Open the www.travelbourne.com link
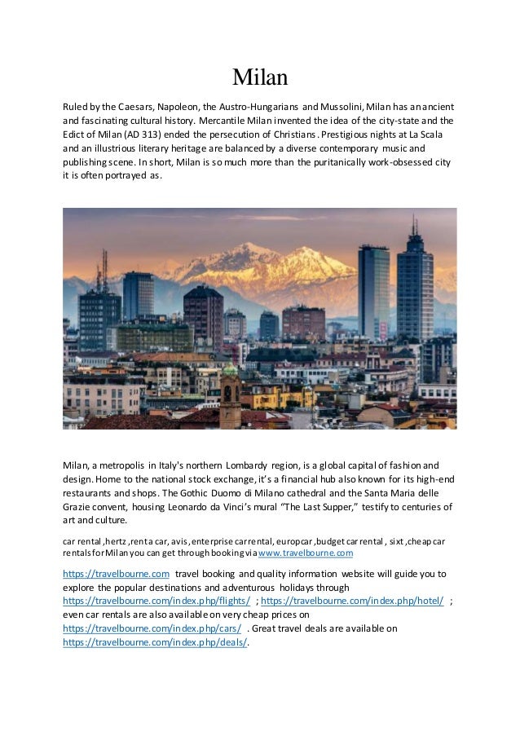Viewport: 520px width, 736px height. [306, 553]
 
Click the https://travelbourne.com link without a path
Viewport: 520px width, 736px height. [116, 573]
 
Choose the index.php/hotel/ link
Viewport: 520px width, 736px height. [352, 601]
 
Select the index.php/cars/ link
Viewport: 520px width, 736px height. [152, 628]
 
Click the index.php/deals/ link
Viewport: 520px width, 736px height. [154, 642]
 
